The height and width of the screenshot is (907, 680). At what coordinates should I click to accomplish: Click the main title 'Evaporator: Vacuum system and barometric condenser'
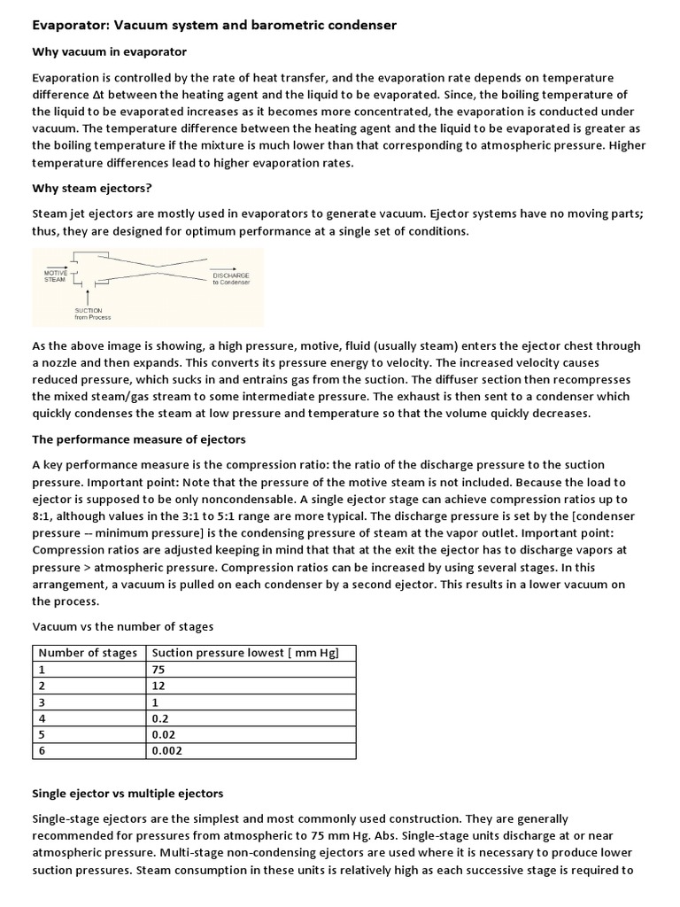[214, 26]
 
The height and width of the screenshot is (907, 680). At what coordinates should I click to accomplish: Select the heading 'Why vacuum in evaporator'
[109, 52]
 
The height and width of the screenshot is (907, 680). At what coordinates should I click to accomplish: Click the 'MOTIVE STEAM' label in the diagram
[55, 276]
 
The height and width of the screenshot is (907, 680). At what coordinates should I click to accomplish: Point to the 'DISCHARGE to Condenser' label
[230, 278]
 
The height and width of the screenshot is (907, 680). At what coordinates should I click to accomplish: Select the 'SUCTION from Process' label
[93, 314]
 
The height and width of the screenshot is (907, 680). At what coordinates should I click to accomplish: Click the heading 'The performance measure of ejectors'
[139, 439]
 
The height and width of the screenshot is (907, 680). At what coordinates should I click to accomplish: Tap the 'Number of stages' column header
[88, 653]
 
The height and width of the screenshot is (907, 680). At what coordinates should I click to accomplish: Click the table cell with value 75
[158, 670]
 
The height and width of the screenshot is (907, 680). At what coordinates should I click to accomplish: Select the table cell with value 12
[158, 686]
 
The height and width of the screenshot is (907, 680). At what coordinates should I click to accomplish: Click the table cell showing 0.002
[166, 750]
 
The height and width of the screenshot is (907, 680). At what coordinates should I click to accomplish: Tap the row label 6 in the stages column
[40, 750]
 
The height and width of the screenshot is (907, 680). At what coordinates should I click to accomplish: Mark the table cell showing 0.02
[164, 734]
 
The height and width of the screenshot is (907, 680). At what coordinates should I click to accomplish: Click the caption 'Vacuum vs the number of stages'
[122, 626]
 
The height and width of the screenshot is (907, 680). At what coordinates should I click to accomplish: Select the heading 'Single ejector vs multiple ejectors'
[127, 793]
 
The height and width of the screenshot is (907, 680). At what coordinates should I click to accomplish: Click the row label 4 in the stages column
[40, 718]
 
